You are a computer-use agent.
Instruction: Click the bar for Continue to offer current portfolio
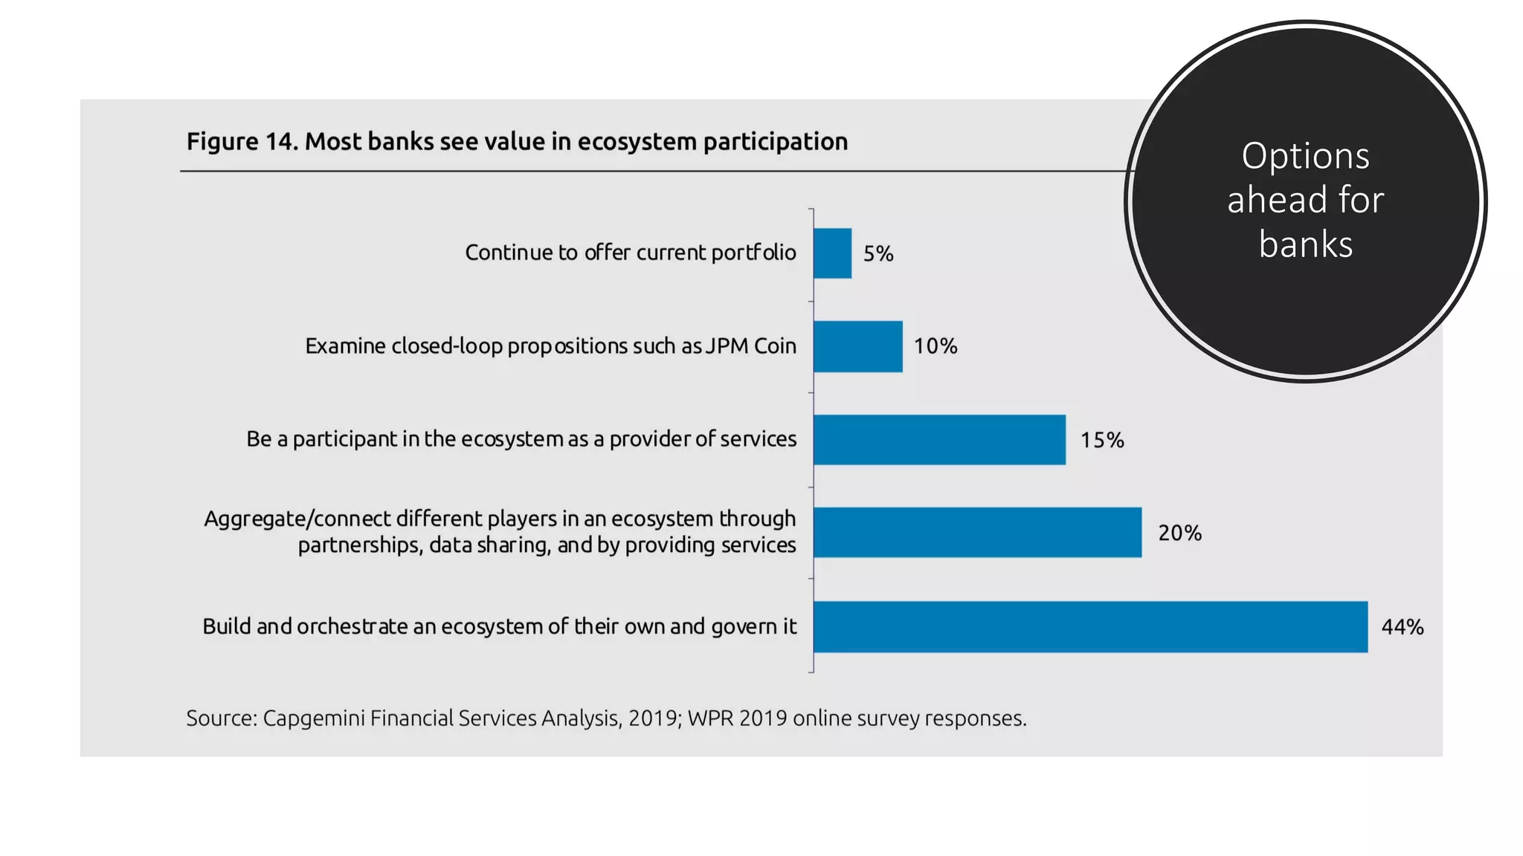tap(832, 253)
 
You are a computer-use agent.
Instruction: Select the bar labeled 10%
tap(857, 346)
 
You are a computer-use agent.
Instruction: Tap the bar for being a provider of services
tap(939, 440)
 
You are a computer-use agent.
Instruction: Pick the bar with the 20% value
tap(977, 533)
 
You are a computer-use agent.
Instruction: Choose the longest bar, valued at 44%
tap(1090, 626)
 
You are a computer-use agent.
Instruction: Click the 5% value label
tap(878, 254)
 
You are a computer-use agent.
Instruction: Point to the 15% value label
tap(1102, 441)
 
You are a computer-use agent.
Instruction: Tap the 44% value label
tap(1403, 627)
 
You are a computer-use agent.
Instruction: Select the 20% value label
tap(1179, 534)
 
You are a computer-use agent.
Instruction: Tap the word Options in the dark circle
tap(1305, 156)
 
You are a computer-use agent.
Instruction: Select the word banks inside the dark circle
tap(1306, 244)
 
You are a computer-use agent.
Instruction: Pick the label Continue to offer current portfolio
tap(631, 253)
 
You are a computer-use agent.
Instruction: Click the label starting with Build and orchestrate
tap(499, 626)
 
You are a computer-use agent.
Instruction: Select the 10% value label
tap(936, 346)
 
